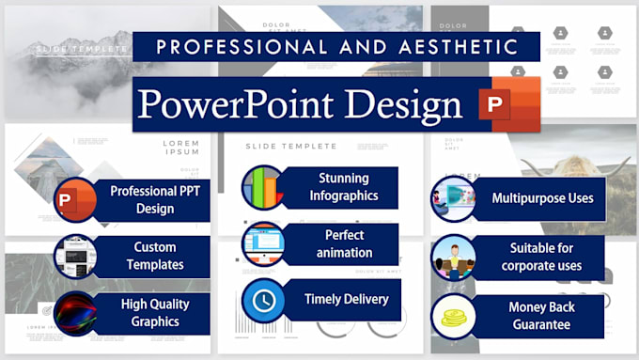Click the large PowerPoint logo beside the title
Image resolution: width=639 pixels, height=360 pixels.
pos(507,105)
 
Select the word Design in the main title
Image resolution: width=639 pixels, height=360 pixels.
pos(404,104)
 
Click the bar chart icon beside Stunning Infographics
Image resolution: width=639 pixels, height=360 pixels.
pos(262,187)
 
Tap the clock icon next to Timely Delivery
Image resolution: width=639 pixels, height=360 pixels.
pos(262,300)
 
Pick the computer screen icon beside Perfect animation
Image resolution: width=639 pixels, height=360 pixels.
pos(262,243)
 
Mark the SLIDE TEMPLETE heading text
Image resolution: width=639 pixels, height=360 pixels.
pos(290,146)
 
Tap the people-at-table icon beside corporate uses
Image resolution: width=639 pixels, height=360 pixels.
pos(453,257)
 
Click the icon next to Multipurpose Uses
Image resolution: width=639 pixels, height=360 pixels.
pos(453,198)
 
